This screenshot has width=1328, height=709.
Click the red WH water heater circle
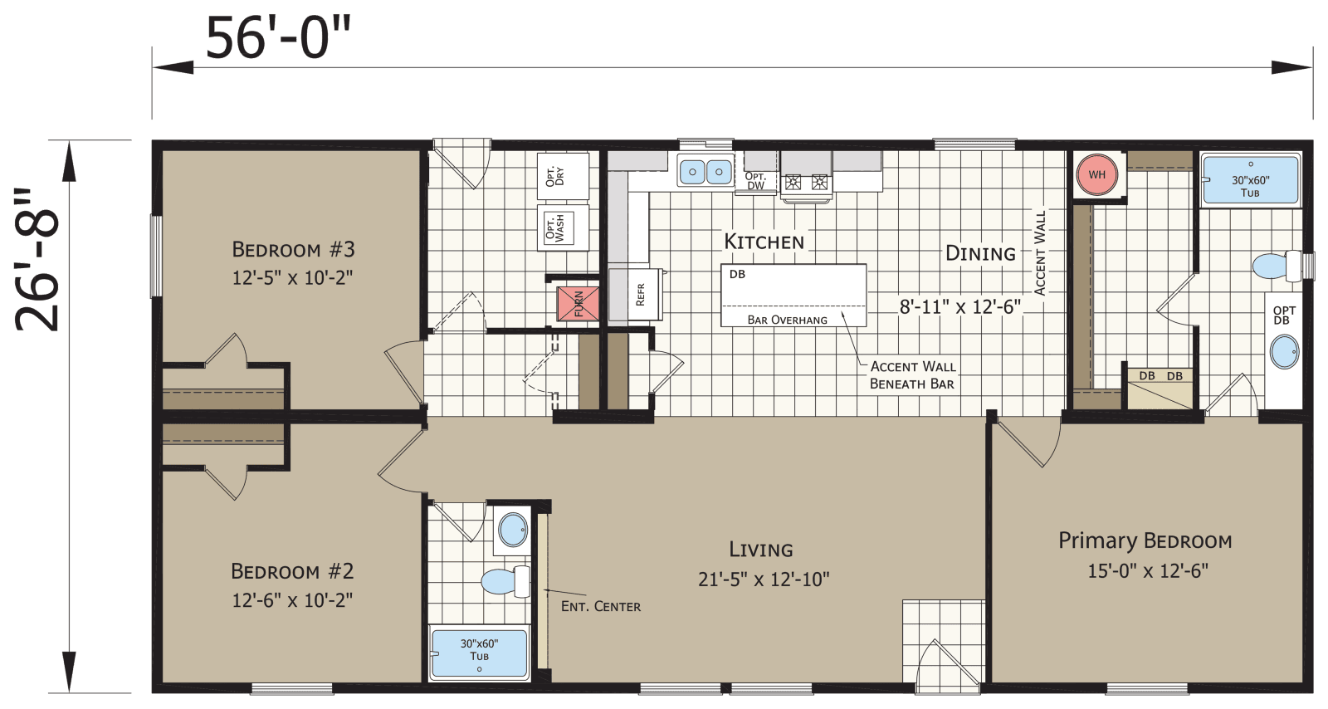coord(1096,175)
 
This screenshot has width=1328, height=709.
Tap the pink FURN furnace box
coord(577,303)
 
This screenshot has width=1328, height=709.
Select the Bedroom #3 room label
coord(293,249)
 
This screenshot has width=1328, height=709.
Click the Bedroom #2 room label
coord(292,571)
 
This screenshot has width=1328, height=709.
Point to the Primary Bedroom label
coord(1145,541)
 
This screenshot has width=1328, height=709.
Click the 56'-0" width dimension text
coord(278,38)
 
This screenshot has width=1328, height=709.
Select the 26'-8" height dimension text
coord(38,259)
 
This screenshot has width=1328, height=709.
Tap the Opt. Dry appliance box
coord(562,176)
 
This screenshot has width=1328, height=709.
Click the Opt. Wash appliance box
coord(562,227)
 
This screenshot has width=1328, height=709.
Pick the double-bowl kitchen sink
coord(705,173)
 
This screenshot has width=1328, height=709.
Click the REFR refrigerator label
coord(640,295)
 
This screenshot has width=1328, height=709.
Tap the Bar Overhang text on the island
coord(787,320)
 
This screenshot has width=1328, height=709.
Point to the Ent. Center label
coord(600,607)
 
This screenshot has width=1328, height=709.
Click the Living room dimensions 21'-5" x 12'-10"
coord(763,579)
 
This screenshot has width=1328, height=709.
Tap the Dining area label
coord(980,254)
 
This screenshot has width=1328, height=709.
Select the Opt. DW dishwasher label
coord(755,181)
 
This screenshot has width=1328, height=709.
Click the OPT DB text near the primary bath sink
coord(1283,315)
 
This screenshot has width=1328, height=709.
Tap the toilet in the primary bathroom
coord(1276,266)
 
